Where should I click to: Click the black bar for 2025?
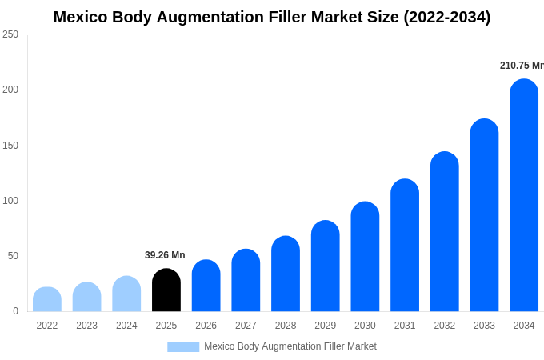pyautogui.click(x=166, y=290)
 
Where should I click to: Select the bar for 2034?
pyautogui.click(x=524, y=195)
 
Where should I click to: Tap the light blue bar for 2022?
pyautogui.click(x=47, y=299)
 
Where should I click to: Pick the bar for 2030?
pyautogui.click(x=365, y=257)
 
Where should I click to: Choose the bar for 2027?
pyautogui.click(x=246, y=281)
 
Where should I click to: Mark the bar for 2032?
pyautogui.click(x=445, y=232)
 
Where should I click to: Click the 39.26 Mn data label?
pyautogui.click(x=165, y=255)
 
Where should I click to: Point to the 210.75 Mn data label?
pyautogui.click(x=522, y=66)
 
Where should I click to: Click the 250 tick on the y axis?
pyautogui.click(x=10, y=34)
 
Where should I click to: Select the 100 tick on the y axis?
pyautogui.click(x=10, y=201)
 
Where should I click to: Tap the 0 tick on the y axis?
pyautogui.click(x=15, y=311)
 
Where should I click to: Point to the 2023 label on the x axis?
pyautogui.click(x=86, y=326)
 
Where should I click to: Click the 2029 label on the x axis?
pyautogui.click(x=325, y=326)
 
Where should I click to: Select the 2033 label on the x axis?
pyautogui.click(x=484, y=326)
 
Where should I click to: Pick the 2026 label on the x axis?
pyautogui.click(x=206, y=326)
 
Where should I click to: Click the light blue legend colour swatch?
pyautogui.click(x=183, y=347)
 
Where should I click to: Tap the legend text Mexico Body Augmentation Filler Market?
pyautogui.click(x=290, y=346)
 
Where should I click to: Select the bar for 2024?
pyautogui.click(x=126, y=294)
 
